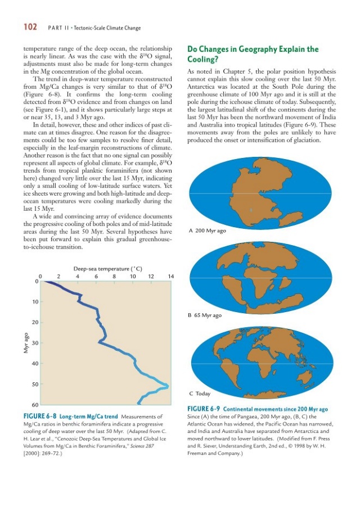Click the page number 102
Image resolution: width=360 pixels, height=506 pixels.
(x=29, y=27)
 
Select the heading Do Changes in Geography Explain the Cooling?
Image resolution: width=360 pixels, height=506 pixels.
(x=253, y=55)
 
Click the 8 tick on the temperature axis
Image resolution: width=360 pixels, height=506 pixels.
(x=114, y=276)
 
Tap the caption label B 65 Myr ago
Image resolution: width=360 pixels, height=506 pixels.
(x=205, y=315)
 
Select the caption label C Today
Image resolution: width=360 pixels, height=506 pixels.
(x=199, y=394)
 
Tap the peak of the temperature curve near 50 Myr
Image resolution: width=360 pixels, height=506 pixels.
(x=167, y=385)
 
